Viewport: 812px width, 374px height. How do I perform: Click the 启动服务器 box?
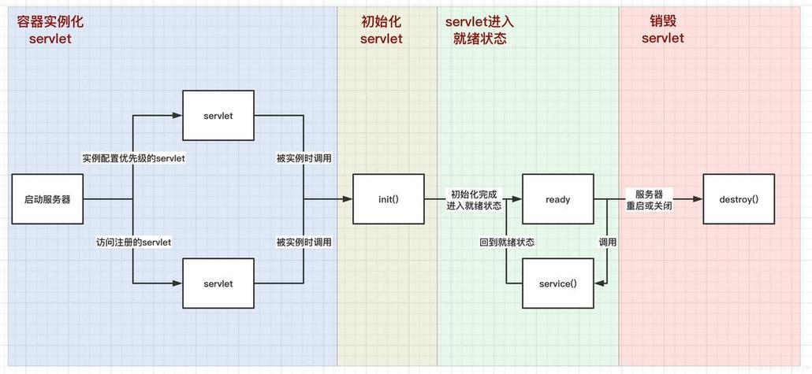coord(47,199)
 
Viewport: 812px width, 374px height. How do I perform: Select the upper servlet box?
coord(218,116)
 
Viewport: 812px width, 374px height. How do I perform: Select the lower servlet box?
coord(218,283)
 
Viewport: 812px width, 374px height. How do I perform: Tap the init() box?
coord(388,199)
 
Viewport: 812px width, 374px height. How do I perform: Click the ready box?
coord(557,199)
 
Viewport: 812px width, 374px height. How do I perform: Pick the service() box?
coord(557,283)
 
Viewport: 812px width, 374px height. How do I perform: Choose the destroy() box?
coord(738,199)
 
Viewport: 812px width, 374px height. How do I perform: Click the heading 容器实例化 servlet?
coord(50,30)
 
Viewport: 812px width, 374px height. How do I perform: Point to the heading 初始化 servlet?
coord(381,30)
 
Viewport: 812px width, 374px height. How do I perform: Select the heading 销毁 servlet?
coord(662,30)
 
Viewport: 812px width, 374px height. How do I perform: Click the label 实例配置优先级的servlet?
coord(133,158)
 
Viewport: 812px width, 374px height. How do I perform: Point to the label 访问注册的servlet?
coord(133,242)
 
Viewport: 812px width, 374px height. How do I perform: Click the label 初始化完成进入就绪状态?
coord(474,199)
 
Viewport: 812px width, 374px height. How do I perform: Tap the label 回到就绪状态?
coord(507,242)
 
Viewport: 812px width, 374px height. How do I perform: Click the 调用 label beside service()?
coord(607,242)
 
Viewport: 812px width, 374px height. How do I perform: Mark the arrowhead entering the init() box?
coord(347,199)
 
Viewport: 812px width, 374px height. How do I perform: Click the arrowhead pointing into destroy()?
coord(698,199)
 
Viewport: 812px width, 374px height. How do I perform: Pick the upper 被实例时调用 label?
coord(304,158)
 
